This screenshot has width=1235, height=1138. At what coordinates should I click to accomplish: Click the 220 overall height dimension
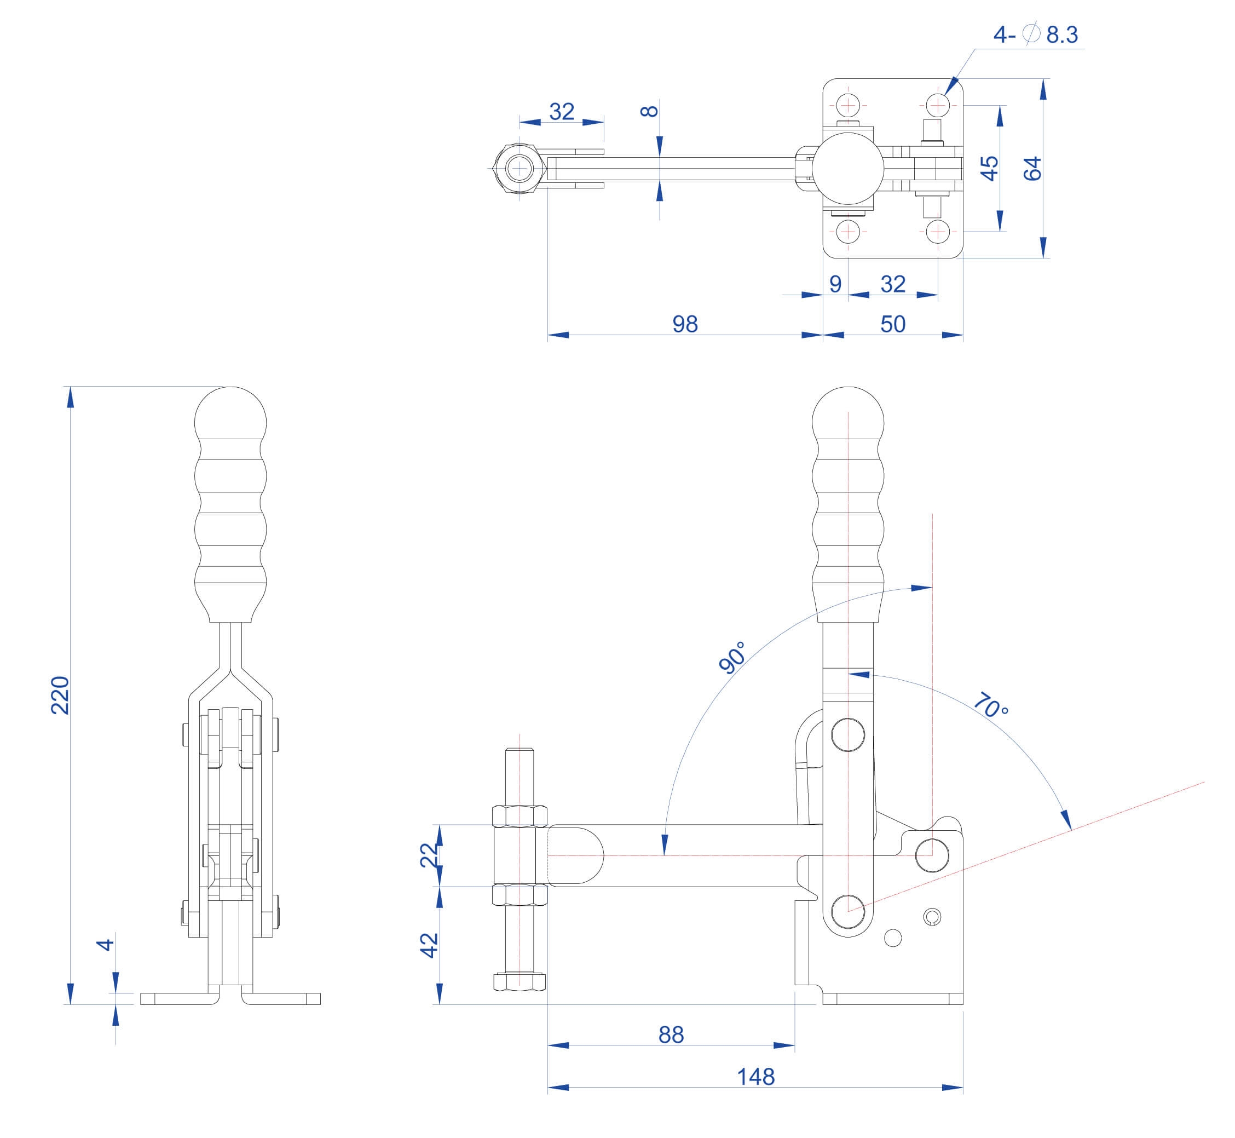point(60,696)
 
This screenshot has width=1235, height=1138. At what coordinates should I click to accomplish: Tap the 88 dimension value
point(671,1034)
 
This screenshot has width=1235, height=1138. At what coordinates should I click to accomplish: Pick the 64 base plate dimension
point(1032,168)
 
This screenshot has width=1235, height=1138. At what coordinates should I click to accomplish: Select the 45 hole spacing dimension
point(989,168)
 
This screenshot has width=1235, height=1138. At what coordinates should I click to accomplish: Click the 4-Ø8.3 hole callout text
point(1036,35)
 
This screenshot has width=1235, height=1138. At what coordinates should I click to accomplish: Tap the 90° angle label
point(732,657)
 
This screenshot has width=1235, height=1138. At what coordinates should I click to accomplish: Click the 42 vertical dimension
point(429,945)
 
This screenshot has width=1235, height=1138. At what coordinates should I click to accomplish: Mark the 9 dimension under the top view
point(835,284)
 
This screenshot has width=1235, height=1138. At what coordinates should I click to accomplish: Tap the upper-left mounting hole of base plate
point(849,105)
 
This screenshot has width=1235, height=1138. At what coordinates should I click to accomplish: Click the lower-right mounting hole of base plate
point(937,232)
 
